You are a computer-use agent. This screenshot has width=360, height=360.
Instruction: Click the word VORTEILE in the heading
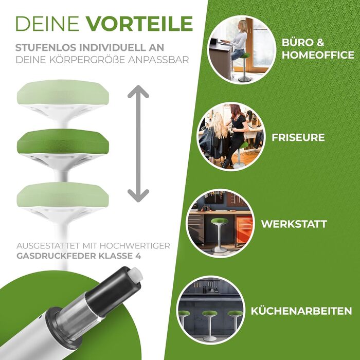139,24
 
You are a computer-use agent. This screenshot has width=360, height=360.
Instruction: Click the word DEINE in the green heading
47,24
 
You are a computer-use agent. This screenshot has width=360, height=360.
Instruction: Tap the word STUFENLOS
46,47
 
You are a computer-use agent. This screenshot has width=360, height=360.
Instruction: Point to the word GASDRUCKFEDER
56,256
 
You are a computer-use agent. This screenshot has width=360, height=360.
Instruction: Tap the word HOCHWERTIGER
135,246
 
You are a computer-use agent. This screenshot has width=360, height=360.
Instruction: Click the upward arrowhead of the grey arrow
138,92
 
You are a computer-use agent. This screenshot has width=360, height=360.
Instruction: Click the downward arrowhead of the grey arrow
138,195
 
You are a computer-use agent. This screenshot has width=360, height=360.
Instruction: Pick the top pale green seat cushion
63,92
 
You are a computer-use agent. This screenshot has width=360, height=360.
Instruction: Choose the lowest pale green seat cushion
63,195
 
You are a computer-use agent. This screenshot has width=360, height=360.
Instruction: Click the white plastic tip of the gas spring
136,275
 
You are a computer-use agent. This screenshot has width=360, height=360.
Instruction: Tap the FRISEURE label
298,137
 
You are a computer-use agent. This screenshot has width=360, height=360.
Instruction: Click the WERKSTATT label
294,224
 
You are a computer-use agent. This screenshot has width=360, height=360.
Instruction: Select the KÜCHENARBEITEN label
301,311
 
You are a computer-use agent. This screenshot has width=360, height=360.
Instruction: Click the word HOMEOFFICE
318,55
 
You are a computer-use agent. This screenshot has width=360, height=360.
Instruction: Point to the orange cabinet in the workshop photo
244,229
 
